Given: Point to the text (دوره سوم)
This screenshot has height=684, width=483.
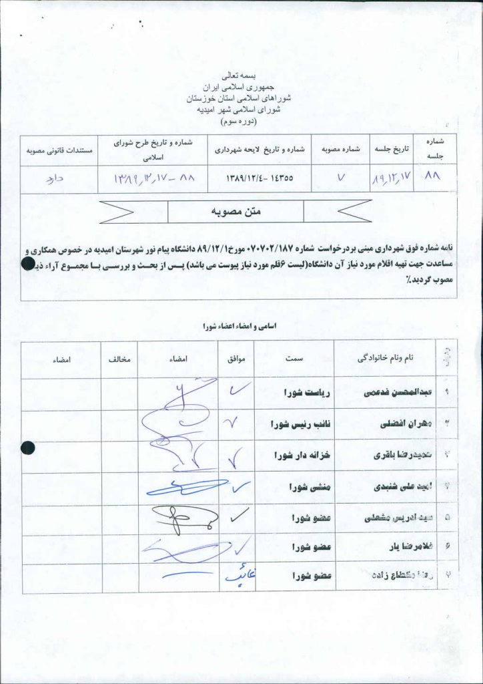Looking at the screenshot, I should pyautogui.click(x=241, y=123).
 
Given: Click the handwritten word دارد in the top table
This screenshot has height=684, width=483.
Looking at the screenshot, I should pyautogui.click(x=56, y=178).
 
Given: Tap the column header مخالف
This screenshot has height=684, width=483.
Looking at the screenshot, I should pyautogui.click(x=119, y=359).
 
